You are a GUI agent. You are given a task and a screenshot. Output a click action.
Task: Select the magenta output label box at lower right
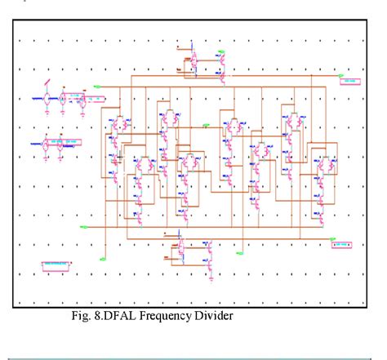point(342,244)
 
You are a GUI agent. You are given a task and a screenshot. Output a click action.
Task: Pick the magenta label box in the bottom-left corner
point(56,265)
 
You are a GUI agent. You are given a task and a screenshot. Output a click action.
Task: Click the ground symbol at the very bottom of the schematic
point(210,278)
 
